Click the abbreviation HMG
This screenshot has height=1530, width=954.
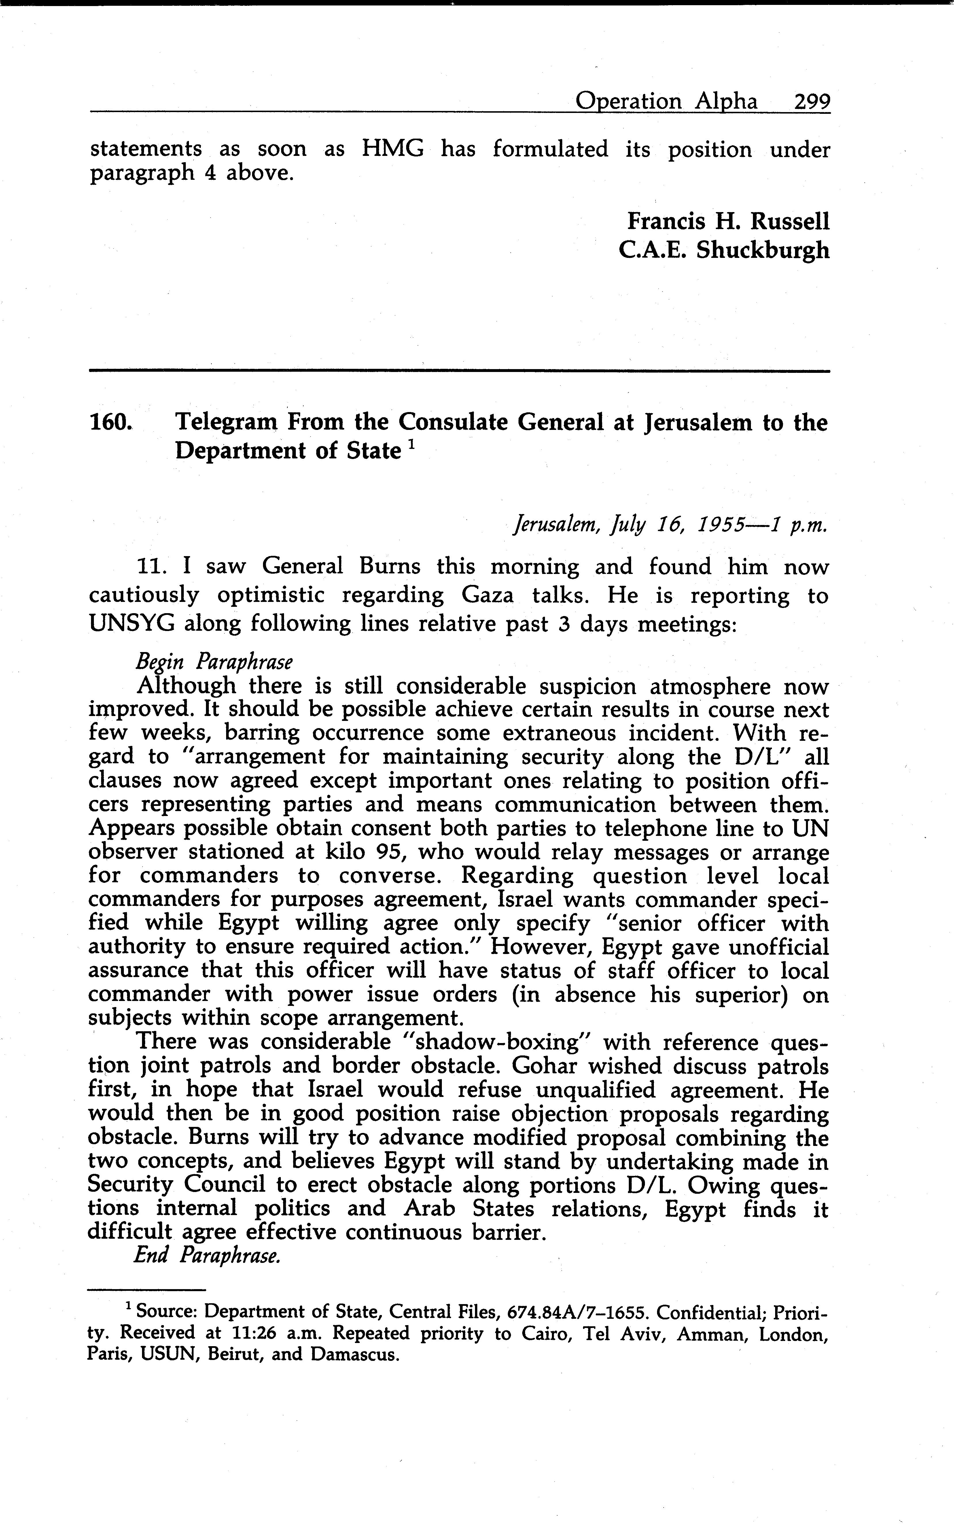pyautogui.click(x=392, y=150)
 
